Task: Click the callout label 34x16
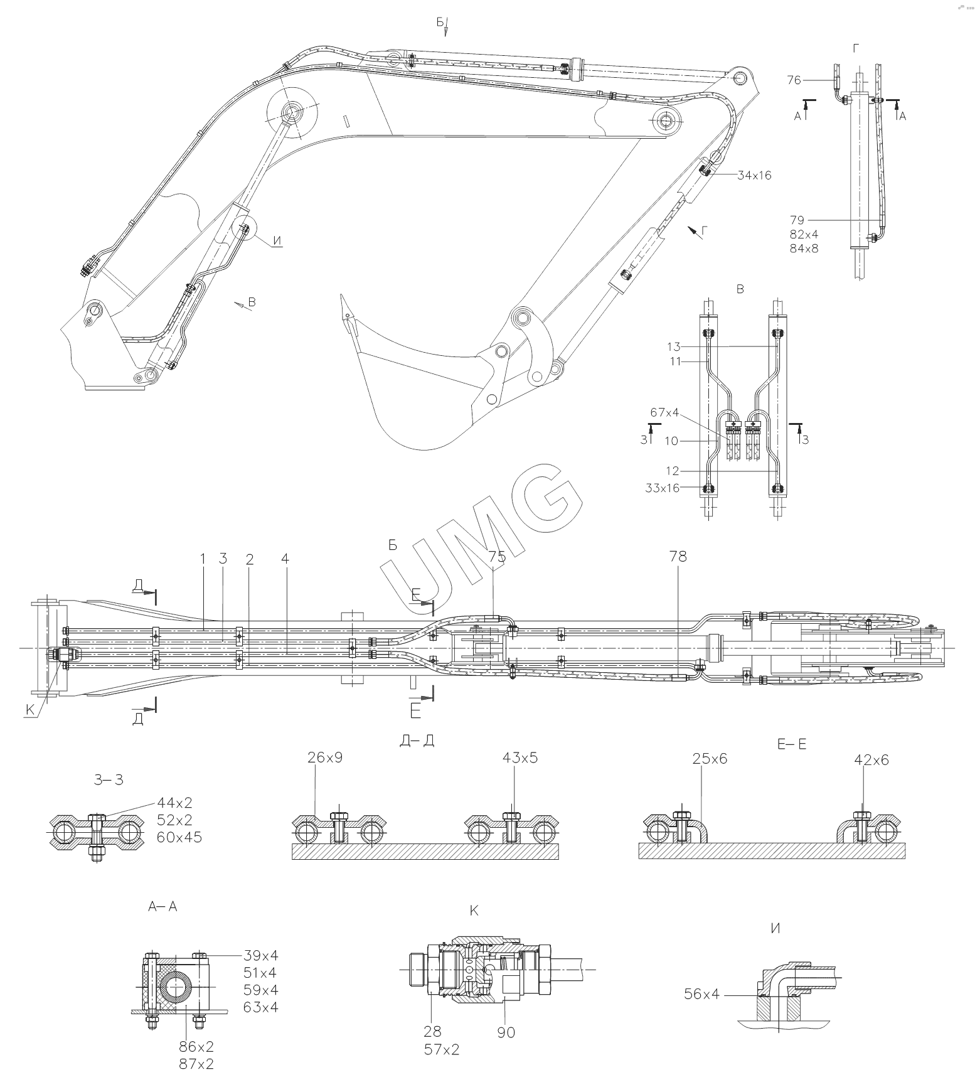point(754,176)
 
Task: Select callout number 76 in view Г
point(794,80)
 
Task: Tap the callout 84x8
point(804,248)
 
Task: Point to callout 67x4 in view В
point(664,412)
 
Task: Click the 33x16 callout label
point(662,488)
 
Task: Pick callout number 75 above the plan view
point(497,557)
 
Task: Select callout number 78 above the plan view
point(678,557)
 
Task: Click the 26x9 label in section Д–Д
point(325,758)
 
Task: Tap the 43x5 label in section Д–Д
point(520,758)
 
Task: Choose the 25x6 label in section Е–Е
point(710,759)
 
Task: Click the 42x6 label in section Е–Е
point(871,760)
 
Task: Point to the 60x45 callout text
point(179,837)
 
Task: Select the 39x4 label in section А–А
point(260,956)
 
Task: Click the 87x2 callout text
point(196,1064)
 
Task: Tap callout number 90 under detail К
point(506,1032)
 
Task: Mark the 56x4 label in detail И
point(702,994)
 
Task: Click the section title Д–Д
point(417,741)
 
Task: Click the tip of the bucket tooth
point(342,295)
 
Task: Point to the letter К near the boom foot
point(30,710)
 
